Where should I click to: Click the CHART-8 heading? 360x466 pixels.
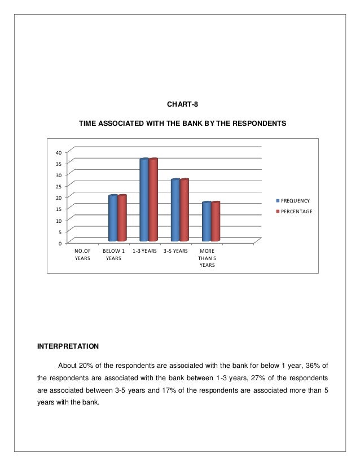182,104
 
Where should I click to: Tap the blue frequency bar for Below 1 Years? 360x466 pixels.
113,218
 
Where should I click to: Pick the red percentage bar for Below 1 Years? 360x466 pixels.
122,218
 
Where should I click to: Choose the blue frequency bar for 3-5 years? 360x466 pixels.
175,210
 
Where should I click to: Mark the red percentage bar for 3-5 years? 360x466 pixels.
184,210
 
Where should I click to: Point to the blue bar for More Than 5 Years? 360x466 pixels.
207,222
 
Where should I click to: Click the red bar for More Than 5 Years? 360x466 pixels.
215,222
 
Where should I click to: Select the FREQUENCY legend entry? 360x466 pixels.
295,201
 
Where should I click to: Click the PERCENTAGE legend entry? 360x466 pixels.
296,212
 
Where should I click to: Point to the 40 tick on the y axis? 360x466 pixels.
59,152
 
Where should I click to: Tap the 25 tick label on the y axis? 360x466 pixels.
59,186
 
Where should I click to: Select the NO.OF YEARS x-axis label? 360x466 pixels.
82,254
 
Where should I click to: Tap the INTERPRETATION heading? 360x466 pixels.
68,345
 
